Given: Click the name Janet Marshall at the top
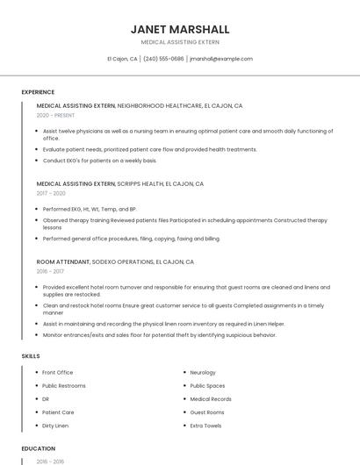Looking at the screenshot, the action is coord(180,29).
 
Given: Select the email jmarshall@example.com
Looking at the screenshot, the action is coord(220,59).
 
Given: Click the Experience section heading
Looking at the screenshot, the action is coord(38,92).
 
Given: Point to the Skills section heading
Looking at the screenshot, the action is coord(31,356).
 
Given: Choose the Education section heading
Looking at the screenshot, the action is coord(39,448).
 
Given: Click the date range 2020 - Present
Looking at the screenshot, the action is coord(55,115).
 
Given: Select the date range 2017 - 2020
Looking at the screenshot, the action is coord(51,193).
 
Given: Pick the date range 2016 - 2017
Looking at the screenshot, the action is coord(50,272).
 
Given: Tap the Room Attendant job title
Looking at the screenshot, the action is coord(64,262).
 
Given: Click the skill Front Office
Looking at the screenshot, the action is coord(58,373).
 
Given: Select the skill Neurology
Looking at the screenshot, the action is coord(203,373).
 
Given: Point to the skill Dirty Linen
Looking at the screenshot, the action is coord(55,426).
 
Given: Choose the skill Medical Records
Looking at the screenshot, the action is coord(210,399).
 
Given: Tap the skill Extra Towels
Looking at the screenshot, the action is coord(206,426).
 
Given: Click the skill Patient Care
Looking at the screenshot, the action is coord(58,412).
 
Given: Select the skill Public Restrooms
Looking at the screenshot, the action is coord(64,386).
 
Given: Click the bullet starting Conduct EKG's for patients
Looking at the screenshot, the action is coord(99,161).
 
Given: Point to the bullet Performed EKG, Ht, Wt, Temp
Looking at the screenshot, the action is coord(90,210).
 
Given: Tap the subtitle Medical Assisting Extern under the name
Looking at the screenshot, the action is coord(180,42).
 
